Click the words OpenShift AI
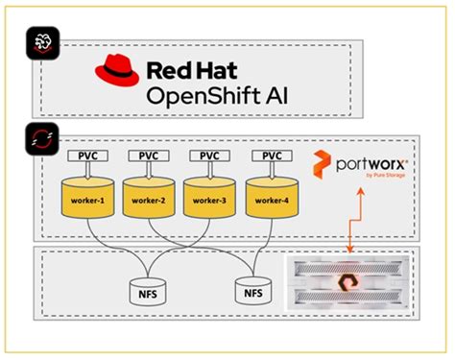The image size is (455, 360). click(216, 96)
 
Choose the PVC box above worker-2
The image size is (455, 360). click(150, 155)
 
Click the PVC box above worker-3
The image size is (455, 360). click(210, 155)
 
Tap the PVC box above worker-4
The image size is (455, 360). click(272, 155)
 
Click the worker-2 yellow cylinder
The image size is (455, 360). click(150, 199)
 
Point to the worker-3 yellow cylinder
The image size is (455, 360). click(210, 199)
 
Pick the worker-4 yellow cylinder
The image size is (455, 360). click(272, 199)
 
